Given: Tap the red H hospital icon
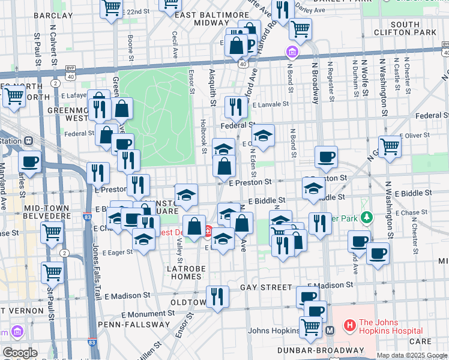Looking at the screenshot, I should point(349,326).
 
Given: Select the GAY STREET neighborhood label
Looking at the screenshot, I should point(266,287).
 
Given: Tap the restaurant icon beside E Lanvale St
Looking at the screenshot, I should point(236,107).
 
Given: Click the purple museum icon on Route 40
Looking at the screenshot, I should point(292,53).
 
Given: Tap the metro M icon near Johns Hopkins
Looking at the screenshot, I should point(330,329).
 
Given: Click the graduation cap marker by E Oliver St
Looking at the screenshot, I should point(262,137).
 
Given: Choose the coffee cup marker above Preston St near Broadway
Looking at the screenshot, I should point(326,157).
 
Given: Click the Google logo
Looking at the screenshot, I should point(20,353).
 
